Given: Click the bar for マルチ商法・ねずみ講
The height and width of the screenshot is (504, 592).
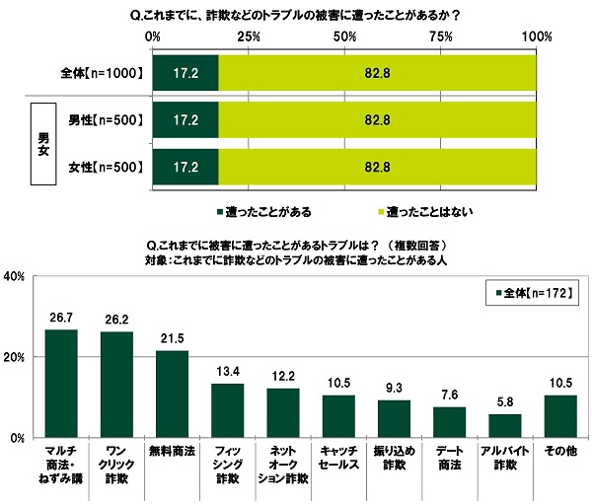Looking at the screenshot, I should pyautogui.click(x=61, y=383).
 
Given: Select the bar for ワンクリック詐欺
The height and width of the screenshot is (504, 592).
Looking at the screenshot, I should pyautogui.click(x=116, y=384).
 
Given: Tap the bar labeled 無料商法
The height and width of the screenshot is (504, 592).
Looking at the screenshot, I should pyautogui.click(x=172, y=394).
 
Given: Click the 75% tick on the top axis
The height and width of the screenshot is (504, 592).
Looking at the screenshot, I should pyautogui.click(x=440, y=36).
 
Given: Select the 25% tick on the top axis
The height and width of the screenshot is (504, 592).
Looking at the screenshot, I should pyautogui.click(x=249, y=36).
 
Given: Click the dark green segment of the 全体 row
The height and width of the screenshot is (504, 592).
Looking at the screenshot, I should pyautogui.click(x=185, y=73).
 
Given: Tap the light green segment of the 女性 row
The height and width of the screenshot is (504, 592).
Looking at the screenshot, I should pyautogui.click(x=377, y=165).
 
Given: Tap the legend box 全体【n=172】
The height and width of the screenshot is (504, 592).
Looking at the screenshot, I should pyautogui.click(x=533, y=292).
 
